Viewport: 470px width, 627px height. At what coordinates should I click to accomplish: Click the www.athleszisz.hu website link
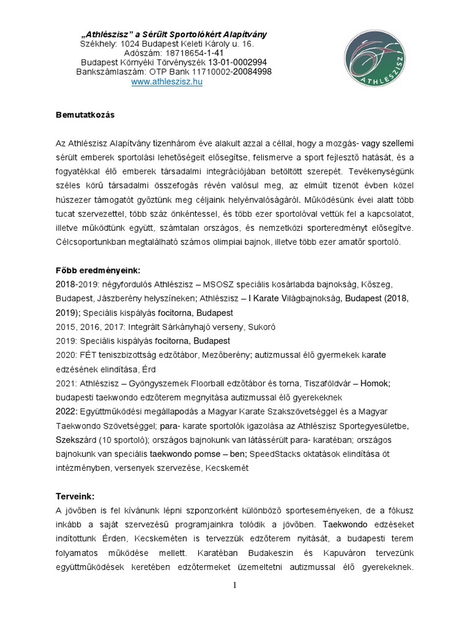pos(166,83)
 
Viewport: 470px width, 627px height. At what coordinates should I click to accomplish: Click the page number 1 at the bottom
pos(234,585)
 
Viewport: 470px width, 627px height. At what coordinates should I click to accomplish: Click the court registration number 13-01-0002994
pos(237,62)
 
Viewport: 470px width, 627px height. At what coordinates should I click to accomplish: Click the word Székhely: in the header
pos(99,44)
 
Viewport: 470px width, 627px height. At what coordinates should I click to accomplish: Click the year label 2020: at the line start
pos(66,355)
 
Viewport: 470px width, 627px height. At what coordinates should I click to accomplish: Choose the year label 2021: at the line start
pos(66,383)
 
